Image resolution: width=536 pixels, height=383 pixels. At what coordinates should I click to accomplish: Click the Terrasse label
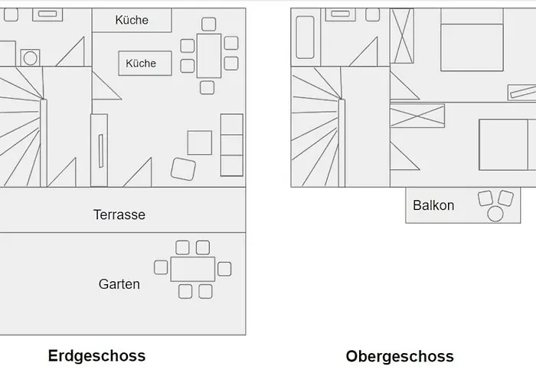[x=119, y=214]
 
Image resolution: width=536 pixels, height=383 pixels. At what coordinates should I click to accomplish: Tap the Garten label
[x=119, y=284]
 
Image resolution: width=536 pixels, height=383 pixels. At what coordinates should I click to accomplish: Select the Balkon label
[x=433, y=205]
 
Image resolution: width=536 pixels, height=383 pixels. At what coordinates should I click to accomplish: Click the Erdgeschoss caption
[x=96, y=355]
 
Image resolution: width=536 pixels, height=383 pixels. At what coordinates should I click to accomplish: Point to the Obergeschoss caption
[x=400, y=356]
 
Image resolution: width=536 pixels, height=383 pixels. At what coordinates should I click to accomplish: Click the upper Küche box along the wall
[x=132, y=21]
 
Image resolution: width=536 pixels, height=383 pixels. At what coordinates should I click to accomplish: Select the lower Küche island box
[x=140, y=64]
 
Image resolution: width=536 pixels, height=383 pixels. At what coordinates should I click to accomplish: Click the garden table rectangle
[x=192, y=269]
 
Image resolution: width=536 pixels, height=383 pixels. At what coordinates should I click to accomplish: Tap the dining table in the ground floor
[x=208, y=55]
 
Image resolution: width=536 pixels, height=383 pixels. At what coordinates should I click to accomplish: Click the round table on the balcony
[x=495, y=214]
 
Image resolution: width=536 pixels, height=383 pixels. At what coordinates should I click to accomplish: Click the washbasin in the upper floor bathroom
[x=340, y=15]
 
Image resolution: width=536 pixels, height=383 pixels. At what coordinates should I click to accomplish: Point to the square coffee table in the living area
[x=199, y=142]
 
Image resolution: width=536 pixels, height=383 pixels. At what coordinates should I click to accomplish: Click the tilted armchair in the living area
[x=184, y=169]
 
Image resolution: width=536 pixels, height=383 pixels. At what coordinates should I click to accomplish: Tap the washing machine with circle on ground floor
[x=31, y=57]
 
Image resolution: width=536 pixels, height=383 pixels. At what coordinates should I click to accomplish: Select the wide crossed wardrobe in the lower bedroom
[x=417, y=117]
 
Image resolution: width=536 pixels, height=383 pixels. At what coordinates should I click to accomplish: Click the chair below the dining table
[x=207, y=87]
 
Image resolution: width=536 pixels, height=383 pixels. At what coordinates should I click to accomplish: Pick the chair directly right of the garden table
[x=224, y=269]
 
